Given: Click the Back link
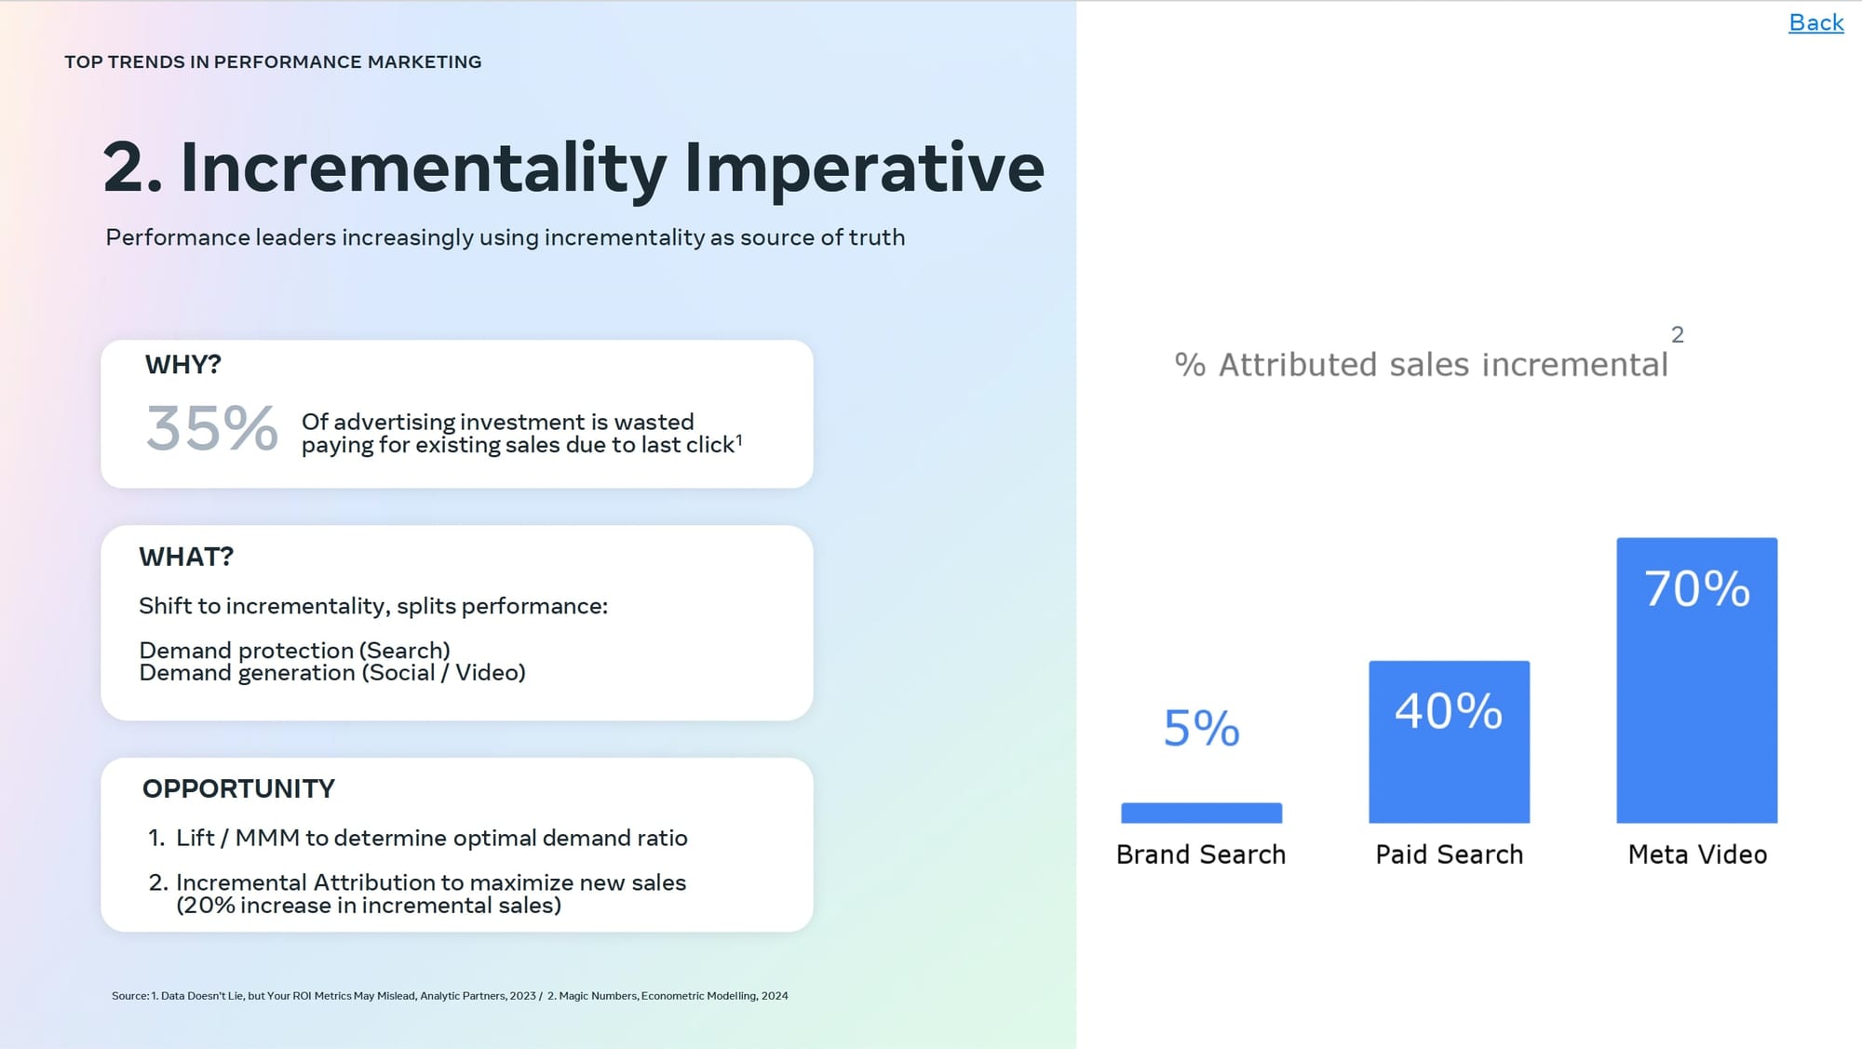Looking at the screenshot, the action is click(x=1815, y=22).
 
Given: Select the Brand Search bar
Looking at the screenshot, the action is click(x=1201, y=813).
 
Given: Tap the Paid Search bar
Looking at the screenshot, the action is click(x=1449, y=742).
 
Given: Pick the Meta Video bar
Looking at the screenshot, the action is click(x=1696, y=680).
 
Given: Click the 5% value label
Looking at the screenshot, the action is click(x=1201, y=728).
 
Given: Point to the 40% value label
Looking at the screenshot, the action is click(x=1449, y=711).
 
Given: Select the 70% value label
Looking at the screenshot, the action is click(x=1696, y=588).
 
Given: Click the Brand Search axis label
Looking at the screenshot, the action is click(x=1201, y=854).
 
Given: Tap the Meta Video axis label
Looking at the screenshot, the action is click(x=1697, y=854).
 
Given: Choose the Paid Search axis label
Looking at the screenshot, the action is click(x=1450, y=854).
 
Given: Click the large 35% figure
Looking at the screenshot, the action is click(x=212, y=428).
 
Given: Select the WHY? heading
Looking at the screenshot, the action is click(x=183, y=365).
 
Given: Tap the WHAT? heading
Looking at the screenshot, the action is click(x=186, y=557).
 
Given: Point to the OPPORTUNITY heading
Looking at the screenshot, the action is click(x=238, y=788).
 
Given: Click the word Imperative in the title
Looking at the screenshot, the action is click(x=864, y=169).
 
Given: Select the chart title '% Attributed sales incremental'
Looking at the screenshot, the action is click(x=1421, y=365).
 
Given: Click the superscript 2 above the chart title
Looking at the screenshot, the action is click(x=1678, y=335).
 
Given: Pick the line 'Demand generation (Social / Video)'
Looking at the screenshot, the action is click(x=332, y=673).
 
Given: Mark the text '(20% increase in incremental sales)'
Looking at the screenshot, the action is click(x=369, y=906).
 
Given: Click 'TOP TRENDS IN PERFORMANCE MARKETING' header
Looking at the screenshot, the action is click(x=273, y=61).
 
